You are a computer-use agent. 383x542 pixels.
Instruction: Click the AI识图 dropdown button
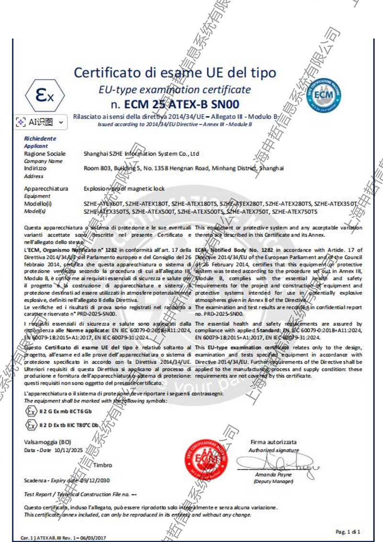click(40, 122)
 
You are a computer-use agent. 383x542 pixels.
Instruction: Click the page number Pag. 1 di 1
click(348, 531)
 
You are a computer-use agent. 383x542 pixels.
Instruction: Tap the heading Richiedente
click(40, 138)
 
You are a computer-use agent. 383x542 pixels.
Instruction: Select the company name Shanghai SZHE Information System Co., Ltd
click(141, 154)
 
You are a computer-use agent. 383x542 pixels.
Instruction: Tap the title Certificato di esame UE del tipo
click(175, 73)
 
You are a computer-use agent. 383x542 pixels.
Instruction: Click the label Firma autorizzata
click(273, 442)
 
